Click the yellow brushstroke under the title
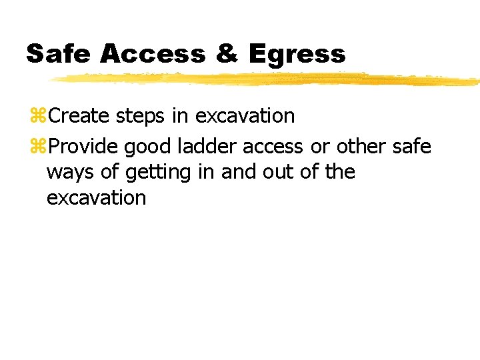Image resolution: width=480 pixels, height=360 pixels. [x=267, y=80]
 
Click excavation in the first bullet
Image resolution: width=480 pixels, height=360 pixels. [x=245, y=116]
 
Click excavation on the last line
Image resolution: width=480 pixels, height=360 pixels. [x=96, y=198]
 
